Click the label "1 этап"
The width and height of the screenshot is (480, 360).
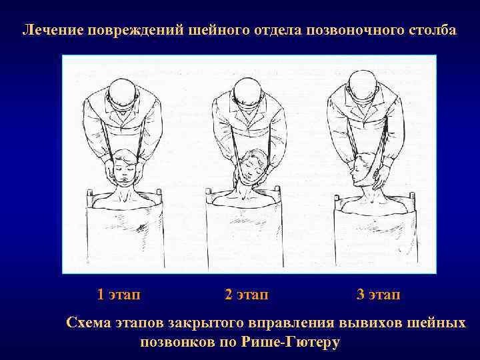pos(119,294)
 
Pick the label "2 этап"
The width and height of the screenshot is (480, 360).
pos(247,294)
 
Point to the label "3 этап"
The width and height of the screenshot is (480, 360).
pos(379,294)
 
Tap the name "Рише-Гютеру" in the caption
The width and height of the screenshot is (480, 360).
pos(291,342)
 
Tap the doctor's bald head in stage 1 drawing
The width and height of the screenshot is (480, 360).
pos(123,91)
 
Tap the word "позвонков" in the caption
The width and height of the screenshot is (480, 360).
pos(177,342)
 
